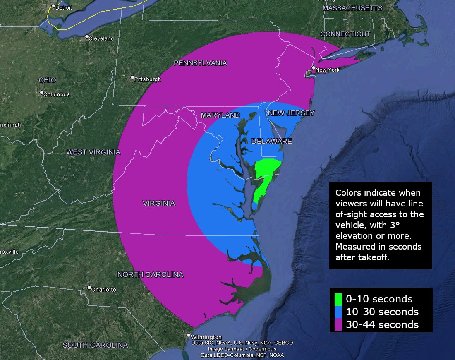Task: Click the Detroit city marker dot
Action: (53, 6)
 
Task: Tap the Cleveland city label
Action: (101, 38)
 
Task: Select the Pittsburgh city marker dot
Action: (132, 77)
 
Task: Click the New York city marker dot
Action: (314, 68)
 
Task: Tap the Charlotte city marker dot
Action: (89, 288)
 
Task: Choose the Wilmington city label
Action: (207, 337)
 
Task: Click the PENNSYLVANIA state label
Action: (201, 63)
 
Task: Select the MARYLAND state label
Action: (220, 115)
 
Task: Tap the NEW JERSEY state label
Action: (291, 113)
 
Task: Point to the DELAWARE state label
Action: (272, 142)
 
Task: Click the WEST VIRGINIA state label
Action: (93, 152)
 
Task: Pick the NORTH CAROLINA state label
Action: (150, 274)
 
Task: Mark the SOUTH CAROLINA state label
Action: (96, 345)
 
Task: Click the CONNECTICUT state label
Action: (345, 34)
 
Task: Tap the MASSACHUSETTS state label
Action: (352, 8)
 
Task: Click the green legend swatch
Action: (338, 299)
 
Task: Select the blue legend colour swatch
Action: (338, 312)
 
